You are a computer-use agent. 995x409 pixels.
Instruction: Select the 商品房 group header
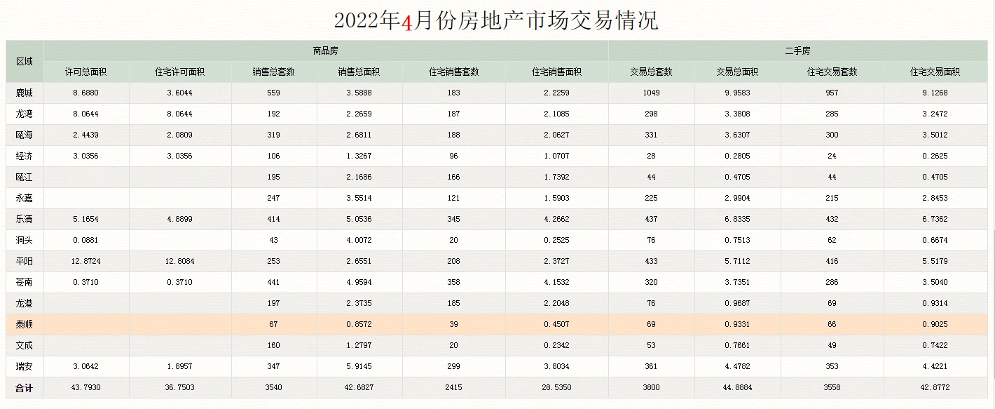click(326, 51)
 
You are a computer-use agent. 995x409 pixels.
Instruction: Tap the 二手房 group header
click(797, 51)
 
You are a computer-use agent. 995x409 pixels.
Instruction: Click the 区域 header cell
click(25, 61)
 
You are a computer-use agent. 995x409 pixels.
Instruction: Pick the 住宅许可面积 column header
click(179, 72)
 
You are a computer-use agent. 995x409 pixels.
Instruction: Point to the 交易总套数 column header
click(651, 72)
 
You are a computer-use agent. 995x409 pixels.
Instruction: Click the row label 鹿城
click(25, 93)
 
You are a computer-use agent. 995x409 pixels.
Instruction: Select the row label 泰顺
click(25, 324)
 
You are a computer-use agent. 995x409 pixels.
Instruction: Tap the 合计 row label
click(25, 387)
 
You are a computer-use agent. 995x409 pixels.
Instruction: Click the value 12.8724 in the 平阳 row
click(86, 261)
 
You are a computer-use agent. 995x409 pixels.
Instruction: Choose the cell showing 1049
click(651, 93)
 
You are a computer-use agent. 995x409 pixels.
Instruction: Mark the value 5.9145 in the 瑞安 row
click(359, 366)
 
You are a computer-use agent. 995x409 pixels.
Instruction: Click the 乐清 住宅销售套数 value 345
click(453, 219)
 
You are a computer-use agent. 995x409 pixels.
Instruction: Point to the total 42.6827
click(359, 387)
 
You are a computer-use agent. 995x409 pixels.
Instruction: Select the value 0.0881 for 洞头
click(86, 240)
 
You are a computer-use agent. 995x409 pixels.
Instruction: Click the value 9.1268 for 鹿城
click(935, 93)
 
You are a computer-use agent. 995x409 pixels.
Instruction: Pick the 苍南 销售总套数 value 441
click(273, 282)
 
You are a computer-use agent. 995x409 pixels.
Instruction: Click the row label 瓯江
click(25, 177)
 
